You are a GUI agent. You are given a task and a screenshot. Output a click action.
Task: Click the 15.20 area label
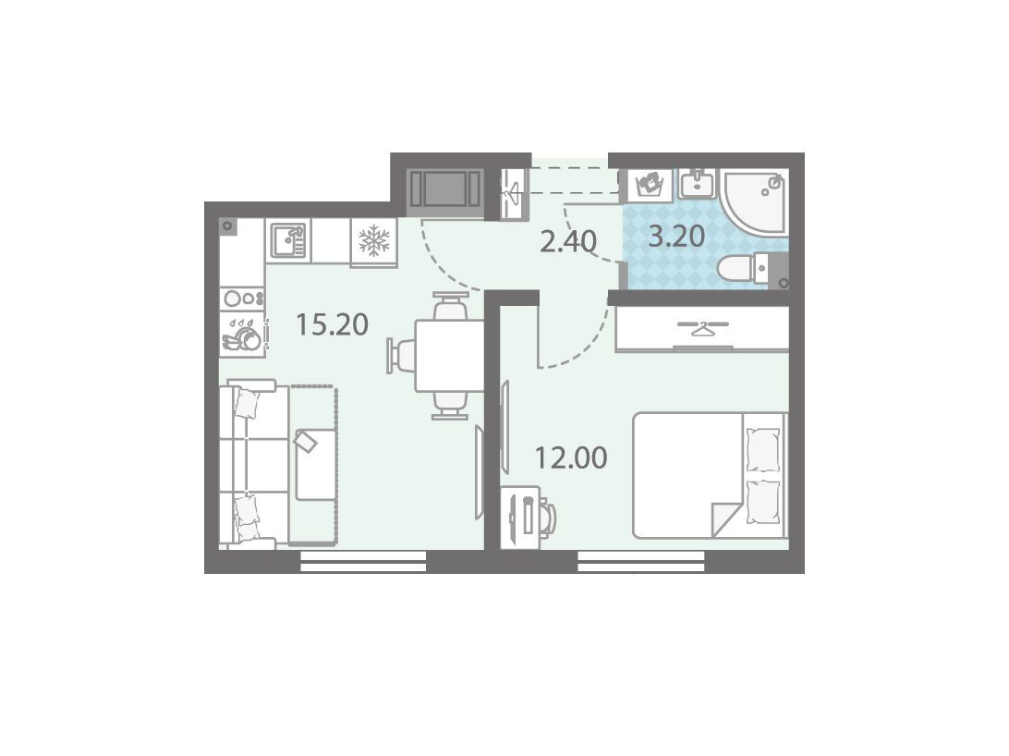click(332, 324)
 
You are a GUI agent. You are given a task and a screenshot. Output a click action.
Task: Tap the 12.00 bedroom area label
click(571, 458)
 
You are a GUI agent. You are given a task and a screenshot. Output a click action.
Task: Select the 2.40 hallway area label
click(568, 241)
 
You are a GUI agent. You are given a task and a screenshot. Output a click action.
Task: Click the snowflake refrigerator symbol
click(374, 240)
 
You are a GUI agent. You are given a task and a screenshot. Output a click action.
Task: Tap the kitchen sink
click(287, 238)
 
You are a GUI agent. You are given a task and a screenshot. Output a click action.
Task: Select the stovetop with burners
click(242, 299)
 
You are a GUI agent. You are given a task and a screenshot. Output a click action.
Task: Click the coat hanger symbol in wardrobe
click(702, 328)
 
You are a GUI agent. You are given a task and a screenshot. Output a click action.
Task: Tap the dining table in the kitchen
click(449, 356)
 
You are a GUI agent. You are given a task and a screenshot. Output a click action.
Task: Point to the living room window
click(363, 561)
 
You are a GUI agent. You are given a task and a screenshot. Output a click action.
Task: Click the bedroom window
click(641, 561)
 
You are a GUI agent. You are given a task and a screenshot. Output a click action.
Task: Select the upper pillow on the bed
click(762, 450)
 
